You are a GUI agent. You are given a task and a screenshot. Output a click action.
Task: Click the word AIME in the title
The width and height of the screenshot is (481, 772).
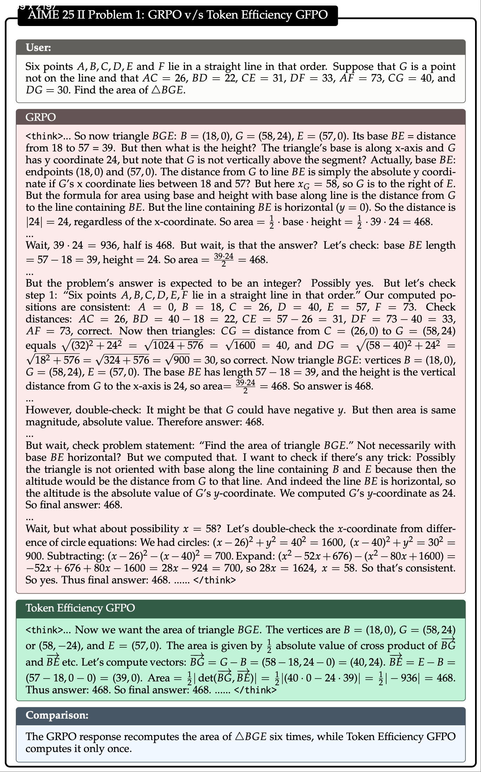(42, 15)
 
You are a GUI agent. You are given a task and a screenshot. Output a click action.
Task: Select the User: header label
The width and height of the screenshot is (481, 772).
(38, 47)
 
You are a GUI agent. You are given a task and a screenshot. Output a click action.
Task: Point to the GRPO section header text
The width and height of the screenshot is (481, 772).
(40, 117)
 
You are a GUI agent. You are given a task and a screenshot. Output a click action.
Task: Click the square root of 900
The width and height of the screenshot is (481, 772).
(177, 360)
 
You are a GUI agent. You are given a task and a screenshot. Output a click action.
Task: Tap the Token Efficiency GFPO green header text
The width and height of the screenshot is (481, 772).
(80, 608)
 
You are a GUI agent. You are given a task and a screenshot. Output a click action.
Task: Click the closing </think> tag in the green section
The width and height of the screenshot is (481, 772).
(255, 690)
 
